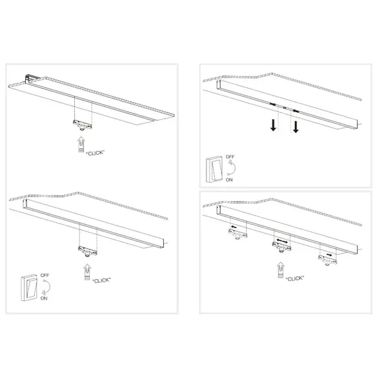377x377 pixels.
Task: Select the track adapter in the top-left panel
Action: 83,124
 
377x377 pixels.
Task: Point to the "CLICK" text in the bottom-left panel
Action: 101,280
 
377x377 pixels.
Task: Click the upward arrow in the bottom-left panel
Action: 86,272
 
